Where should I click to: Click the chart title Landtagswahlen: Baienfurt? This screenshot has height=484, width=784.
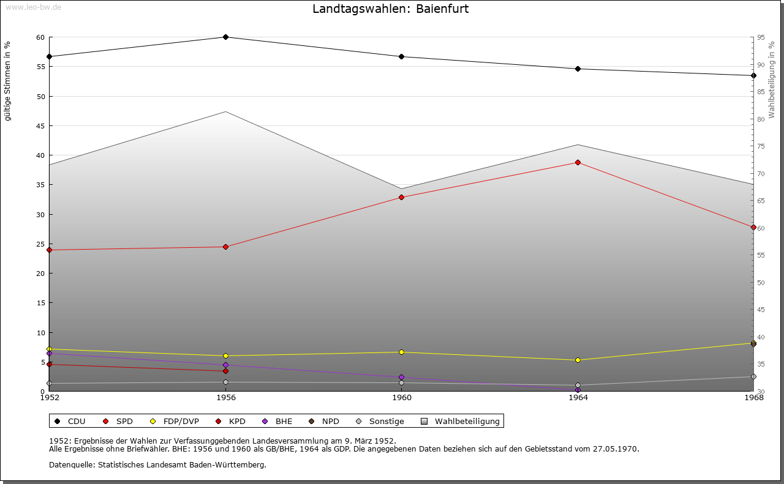(x=391, y=9)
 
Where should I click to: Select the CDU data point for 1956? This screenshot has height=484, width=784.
(x=225, y=37)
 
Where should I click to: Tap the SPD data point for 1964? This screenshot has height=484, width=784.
(x=578, y=162)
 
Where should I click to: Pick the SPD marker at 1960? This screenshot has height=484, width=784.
(x=401, y=197)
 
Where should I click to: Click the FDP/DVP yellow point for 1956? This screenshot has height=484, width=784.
(x=225, y=356)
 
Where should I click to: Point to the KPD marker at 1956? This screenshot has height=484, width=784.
(x=225, y=371)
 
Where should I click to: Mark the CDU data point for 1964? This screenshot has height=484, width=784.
(x=578, y=69)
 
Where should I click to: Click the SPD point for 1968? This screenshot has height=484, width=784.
(x=753, y=227)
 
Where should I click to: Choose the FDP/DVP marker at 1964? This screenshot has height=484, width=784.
(x=578, y=360)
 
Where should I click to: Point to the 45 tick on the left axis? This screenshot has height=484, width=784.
(x=40, y=126)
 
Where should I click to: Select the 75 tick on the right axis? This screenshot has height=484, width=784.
(x=761, y=146)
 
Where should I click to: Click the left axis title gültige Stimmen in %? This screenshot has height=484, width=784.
(x=8, y=81)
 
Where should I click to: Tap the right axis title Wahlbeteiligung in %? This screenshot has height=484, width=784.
(x=772, y=80)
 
